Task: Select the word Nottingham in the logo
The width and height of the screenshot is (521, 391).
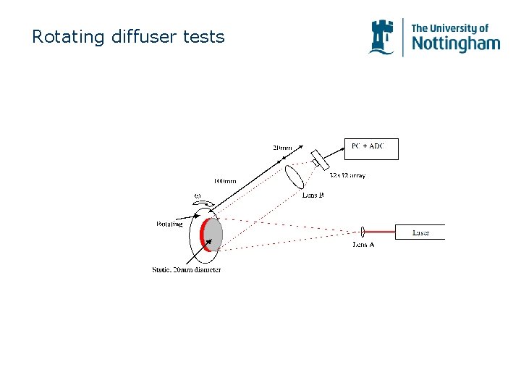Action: [x=455, y=44]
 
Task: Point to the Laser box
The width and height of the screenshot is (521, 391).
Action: [x=420, y=232]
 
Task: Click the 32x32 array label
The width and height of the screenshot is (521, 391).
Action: [x=349, y=175]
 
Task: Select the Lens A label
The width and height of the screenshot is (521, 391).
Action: [x=363, y=244]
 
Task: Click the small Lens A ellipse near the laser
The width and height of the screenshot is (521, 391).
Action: [x=361, y=232]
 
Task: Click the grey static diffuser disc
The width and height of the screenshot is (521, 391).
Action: [x=214, y=234]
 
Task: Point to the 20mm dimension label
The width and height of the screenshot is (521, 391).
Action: [x=282, y=148]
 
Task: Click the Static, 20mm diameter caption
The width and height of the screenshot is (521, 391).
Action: [x=186, y=270]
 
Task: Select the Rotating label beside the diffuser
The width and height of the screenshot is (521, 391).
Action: [x=169, y=224]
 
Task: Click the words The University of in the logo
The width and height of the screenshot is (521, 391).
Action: [x=449, y=28]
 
